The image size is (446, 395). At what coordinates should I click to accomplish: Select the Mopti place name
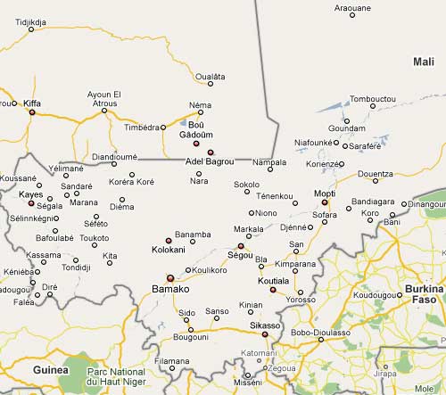[x=325, y=193]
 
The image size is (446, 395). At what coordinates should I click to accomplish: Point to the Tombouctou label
[x=372, y=98]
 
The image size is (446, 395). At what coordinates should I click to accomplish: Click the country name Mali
[x=423, y=61]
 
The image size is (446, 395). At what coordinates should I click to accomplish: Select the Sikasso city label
[x=265, y=325]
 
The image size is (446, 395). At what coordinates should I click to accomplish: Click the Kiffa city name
[x=32, y=103]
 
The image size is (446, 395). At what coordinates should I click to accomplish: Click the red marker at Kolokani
[x=168, y=241]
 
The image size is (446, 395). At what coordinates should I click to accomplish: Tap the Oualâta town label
[x=211, y=78]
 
